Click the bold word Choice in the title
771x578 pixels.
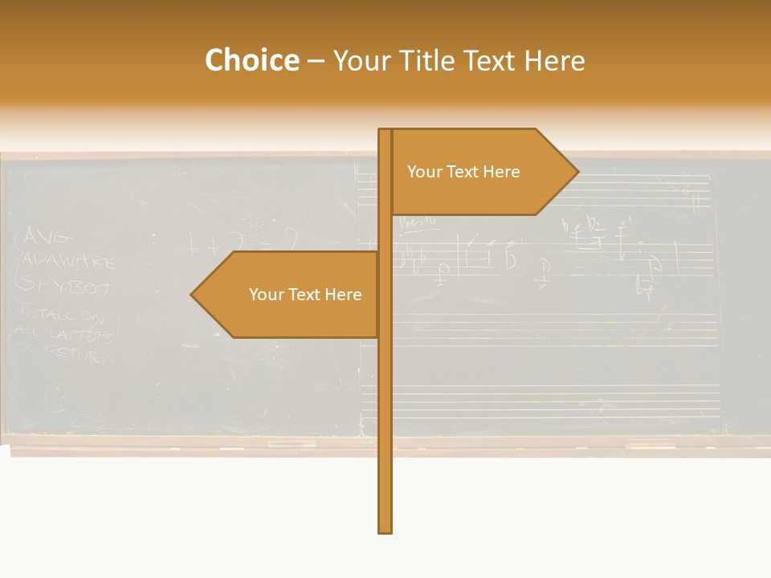point(251,61)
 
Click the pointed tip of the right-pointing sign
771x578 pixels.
point(577,171)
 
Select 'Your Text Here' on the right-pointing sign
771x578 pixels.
point(463,172)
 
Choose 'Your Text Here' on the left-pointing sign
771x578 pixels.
point(305,295)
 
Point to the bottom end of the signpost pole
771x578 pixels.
point(385,531)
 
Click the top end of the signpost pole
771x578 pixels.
point(385,131)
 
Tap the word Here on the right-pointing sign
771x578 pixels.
point(502,172)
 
